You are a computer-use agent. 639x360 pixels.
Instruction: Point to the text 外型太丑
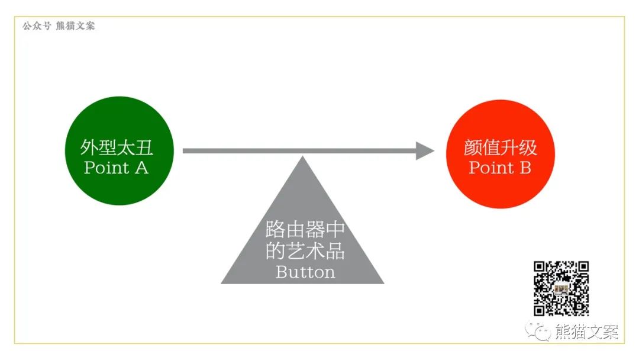(x=117, y=147)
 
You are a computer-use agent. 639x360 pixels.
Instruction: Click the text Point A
(x=117, y=168)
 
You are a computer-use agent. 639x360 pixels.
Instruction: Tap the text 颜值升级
(x=500, y=147)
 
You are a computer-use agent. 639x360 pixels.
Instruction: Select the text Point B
(x=500, y=168)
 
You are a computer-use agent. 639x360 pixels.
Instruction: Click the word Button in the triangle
(x=305, y=272)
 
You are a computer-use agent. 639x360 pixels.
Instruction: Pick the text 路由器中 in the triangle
(x=305, y=230)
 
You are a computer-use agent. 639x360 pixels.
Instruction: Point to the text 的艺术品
(x=305, y=251)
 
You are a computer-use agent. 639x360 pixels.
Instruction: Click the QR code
(x=561, y=288)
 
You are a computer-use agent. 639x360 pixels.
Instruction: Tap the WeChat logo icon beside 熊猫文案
(x=540, y=331)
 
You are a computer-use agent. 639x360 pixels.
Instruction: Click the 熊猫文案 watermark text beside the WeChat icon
(x=586, y=332)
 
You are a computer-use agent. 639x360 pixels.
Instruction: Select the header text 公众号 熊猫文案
(x=59, y=26)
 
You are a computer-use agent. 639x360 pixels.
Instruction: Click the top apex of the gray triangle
(x=302, y=159)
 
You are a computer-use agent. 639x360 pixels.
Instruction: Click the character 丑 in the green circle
(x=145, y=147)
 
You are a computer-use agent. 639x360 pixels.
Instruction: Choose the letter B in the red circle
(x=525, y=168)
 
